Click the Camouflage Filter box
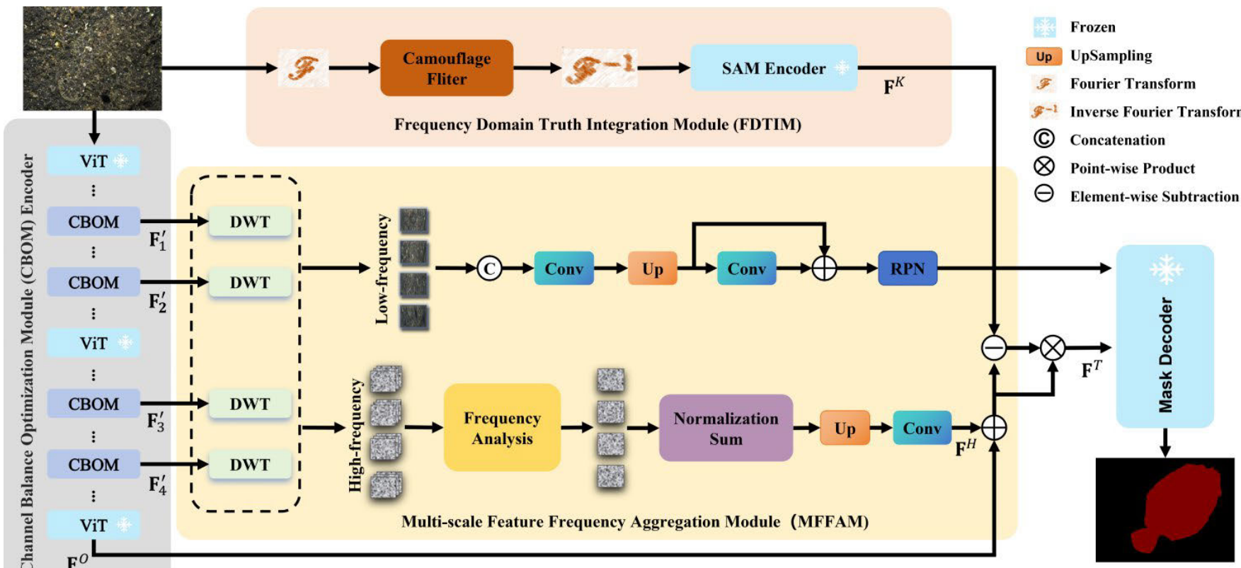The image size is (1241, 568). click(447, 68)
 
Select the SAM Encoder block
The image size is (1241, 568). click(774, 68)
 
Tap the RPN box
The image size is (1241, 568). click(908, 268)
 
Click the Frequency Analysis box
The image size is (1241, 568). click(502, 428)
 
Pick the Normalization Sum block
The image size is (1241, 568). click(726, 428)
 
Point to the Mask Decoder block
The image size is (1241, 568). click(1165, 337)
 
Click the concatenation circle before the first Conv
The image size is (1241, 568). click(489, 268)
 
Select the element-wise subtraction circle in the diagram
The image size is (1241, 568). click(994, 348)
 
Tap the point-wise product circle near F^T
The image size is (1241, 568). click(1053, 348)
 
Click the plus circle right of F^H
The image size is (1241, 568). click(994, 428)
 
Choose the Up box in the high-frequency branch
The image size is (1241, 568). click(845, 428)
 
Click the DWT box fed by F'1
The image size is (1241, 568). click(250, 222)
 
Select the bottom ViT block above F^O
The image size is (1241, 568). click(93, 526)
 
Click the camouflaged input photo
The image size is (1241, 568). click(92, 58)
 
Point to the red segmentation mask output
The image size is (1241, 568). click(1165, 510)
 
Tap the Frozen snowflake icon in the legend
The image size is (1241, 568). click(1044, 27)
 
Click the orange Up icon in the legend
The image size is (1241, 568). click(1044, 56)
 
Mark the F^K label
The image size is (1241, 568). click(893, 86)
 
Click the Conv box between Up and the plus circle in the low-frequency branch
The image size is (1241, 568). click(746, 268)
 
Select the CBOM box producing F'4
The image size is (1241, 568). click(93, 465)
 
